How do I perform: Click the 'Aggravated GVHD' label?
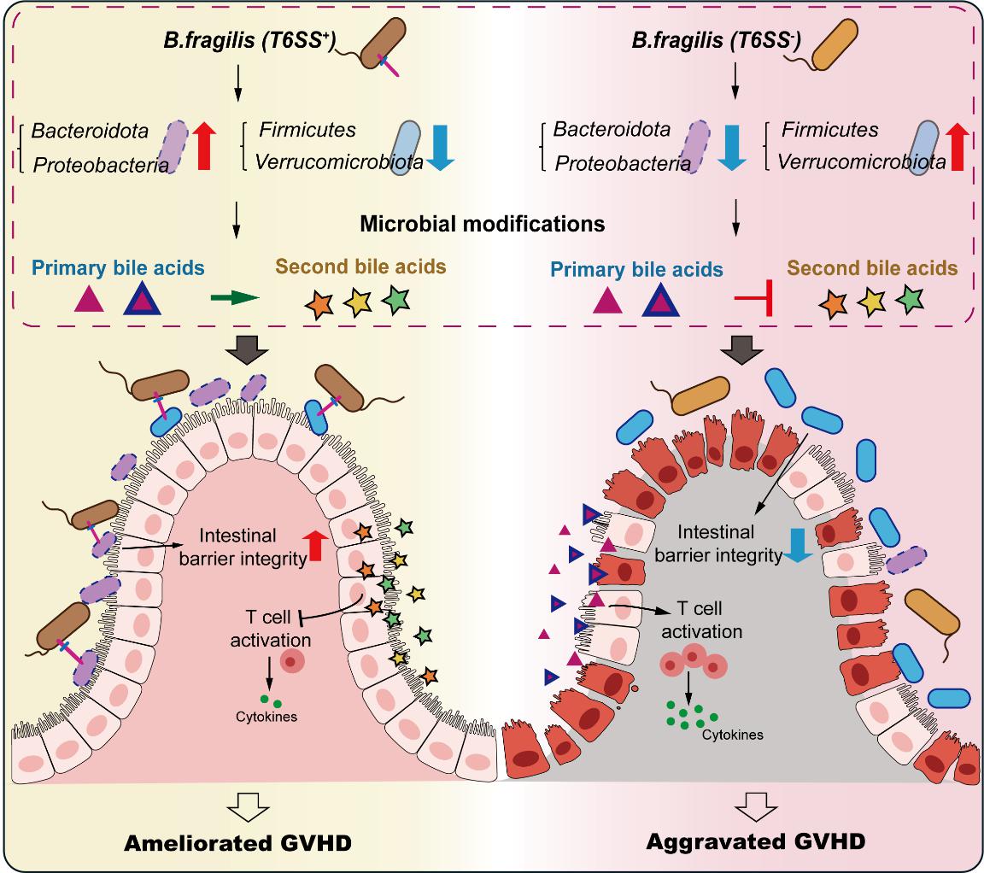tap(755, 841)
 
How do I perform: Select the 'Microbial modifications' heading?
tap(483, 225)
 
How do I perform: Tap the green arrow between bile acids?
tap(233, 298)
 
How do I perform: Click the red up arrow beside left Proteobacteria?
tap(203, 145)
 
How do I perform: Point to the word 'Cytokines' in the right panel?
tap(732, 734)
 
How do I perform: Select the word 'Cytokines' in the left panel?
tap(266, 717)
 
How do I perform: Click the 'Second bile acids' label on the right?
tap(872, 268)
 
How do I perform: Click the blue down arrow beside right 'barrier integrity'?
tap(798, 546)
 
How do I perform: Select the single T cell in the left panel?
tap(294, 659)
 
